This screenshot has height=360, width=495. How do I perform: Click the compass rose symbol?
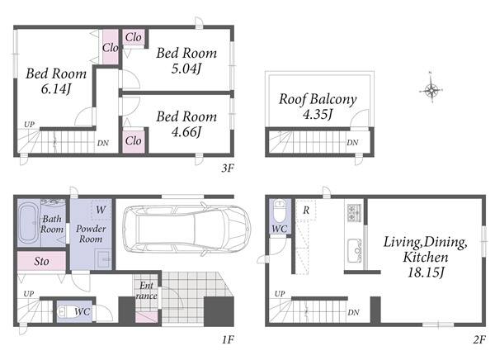[431, 90]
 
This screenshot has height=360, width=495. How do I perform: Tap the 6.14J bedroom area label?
[56, 89]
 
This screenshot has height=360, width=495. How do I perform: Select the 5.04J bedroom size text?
[186, 69]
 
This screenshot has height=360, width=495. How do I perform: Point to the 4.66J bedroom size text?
[186, 132]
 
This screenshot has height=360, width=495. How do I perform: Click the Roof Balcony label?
[318, 99]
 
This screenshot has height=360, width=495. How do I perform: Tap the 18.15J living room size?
[426, 272]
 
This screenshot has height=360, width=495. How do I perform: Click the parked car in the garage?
[186, 229]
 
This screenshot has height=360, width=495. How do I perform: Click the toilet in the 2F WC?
[280, 211]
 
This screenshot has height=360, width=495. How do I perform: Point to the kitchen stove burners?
[354, 212]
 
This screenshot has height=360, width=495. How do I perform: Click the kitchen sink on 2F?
[355, 250]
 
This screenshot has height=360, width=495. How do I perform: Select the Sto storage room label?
[41, 262]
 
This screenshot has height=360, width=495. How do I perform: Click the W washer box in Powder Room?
[101, 210]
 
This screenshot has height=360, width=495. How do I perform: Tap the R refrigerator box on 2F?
[306, 211]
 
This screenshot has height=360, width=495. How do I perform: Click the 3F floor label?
[228, 168]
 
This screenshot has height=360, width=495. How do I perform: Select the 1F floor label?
[228, 340]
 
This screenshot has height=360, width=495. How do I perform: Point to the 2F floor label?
[478, 340]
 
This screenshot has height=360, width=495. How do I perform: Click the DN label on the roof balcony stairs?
[352, 143]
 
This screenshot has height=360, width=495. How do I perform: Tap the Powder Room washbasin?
[103, 259]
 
